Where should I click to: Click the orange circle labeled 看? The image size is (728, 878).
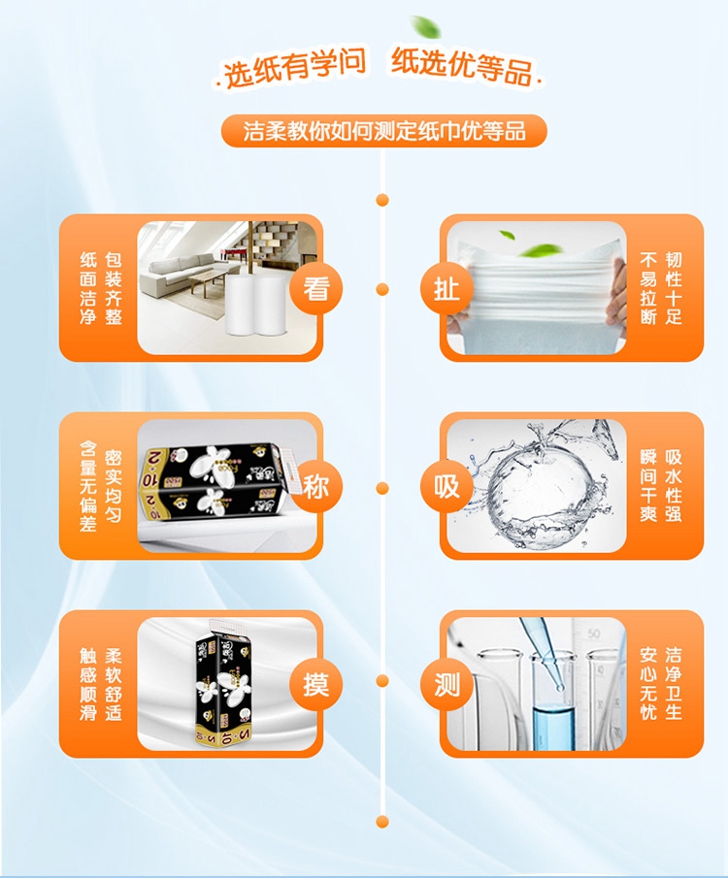[316, 288]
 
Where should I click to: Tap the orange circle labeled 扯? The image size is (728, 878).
[447, 288]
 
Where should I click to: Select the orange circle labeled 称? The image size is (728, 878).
[316, 486]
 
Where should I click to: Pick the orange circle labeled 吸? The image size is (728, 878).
[447, 486]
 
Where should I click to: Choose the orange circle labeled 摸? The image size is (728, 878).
[316, 684]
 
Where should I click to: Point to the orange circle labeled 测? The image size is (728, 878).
[447, 684]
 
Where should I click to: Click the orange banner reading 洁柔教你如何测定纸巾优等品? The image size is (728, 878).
[383, 131]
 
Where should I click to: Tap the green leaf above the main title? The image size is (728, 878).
[426, 26]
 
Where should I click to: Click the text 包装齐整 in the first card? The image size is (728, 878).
[114, 288]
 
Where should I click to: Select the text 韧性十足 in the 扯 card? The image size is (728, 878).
[673, 288]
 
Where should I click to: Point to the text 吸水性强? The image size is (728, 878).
[673, 486]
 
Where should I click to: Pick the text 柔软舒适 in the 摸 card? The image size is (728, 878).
[114, 684]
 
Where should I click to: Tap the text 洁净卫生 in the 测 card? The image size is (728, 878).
[673, 684]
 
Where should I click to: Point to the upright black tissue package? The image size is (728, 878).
[223, 683]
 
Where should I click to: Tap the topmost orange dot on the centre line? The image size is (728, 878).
[382, 200]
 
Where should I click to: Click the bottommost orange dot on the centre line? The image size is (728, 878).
[382, 822]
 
